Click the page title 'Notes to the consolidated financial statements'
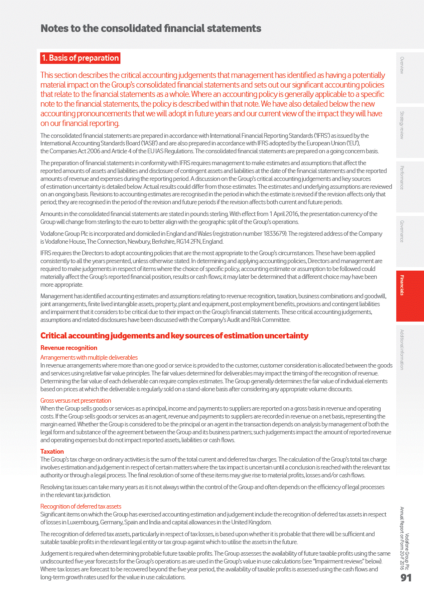(x=151, y=28)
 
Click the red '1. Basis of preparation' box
(x=80, y=58)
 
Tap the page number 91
(x=406, y=577)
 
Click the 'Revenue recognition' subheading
(x=69, y=348)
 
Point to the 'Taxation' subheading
(x=52, y=451)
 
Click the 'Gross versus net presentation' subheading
(x=76, y=401)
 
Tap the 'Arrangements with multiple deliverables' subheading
(x=89, y=357)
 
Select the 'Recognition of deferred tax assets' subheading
(x=81, y=506)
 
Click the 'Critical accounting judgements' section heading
(x=174, y=336)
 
